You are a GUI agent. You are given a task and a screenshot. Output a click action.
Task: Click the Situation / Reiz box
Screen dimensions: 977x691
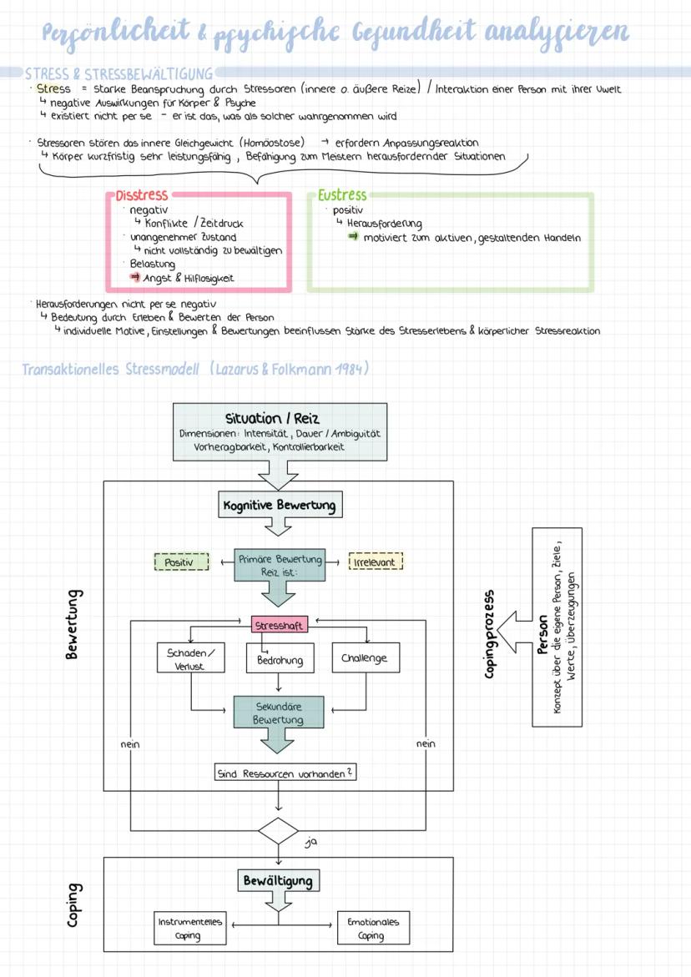[279, 431]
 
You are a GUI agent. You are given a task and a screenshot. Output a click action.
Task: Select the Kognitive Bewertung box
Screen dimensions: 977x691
[279, 505]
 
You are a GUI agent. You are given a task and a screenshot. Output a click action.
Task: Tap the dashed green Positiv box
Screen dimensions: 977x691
[180, 562]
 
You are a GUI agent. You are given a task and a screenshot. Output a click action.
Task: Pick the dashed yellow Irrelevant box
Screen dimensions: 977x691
[375, 562]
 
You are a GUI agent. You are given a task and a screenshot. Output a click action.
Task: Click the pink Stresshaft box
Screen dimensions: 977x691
[279, 624]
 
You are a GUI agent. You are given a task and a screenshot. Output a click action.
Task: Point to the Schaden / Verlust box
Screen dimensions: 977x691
[190, 658]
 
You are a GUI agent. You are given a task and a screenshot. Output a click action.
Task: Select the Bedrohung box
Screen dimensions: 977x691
[279, 660]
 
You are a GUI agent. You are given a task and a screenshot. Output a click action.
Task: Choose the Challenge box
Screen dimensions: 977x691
[365, 658]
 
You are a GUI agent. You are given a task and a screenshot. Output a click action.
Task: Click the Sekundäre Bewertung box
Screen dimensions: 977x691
[279, 713]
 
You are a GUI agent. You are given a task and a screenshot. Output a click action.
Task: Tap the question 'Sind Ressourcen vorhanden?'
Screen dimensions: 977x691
[285, 773]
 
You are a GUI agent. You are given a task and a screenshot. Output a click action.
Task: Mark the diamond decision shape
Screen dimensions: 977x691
[278, 832]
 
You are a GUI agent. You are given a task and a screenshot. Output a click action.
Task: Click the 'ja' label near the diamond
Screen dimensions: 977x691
[311, 843]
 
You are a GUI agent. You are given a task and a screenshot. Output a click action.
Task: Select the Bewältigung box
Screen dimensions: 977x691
[278, 881]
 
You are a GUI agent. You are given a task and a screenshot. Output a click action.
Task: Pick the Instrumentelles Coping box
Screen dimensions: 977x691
[190, 929]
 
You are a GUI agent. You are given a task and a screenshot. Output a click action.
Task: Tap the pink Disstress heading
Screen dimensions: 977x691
[141, 195]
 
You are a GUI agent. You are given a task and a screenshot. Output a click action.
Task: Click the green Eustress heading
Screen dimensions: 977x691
[342, 195]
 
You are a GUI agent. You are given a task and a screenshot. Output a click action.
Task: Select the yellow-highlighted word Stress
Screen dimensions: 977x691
[54, 88]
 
